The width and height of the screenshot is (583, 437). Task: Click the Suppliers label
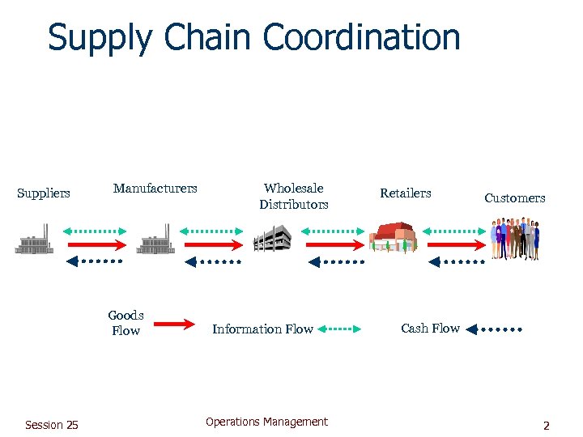[44, 193]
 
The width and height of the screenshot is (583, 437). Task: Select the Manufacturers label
[155, 189]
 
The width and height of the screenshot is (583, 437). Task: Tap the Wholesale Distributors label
[293, 197]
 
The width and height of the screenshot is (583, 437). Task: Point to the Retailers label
[406, 193]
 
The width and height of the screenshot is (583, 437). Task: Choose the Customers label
[514, 198]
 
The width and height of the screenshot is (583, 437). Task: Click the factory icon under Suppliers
[34, 240]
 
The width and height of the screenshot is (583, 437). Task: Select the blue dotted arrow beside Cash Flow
[495, 329]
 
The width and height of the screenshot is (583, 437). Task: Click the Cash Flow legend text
[430, 329]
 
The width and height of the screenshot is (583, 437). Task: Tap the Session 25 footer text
[52, 425]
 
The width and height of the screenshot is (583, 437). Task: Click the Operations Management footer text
[266, 422]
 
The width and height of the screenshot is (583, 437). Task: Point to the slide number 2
[546, 426]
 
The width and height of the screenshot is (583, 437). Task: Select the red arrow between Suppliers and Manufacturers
[96, 244]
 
